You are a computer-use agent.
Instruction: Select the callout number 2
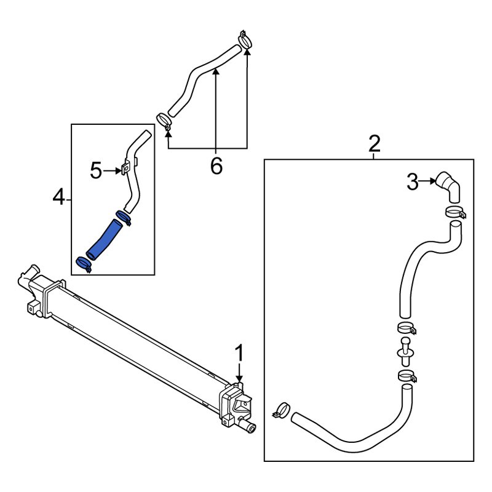tap(375, 143)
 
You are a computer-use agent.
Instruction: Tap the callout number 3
tap(413, 181)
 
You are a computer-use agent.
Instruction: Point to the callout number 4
tap(58, 197)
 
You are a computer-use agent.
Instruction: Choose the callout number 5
tap(96, 171)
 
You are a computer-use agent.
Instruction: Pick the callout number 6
tap(216, 165)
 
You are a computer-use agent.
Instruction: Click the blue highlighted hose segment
tap(103, 240)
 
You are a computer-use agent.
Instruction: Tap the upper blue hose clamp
tap(124, 217)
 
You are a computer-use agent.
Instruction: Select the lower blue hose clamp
tap(84, 264)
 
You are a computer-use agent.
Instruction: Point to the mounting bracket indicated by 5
tap(125, 167)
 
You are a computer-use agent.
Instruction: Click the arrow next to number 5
tap(113, 171)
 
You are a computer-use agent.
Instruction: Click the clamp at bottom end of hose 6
tap(164, 121)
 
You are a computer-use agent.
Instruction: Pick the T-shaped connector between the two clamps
tap(405, 352)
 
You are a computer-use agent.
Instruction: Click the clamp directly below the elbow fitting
tap(456, 212)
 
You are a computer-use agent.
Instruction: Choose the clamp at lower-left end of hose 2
tap(281, 410)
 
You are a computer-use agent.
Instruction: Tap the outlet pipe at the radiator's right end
tap(248, 426)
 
